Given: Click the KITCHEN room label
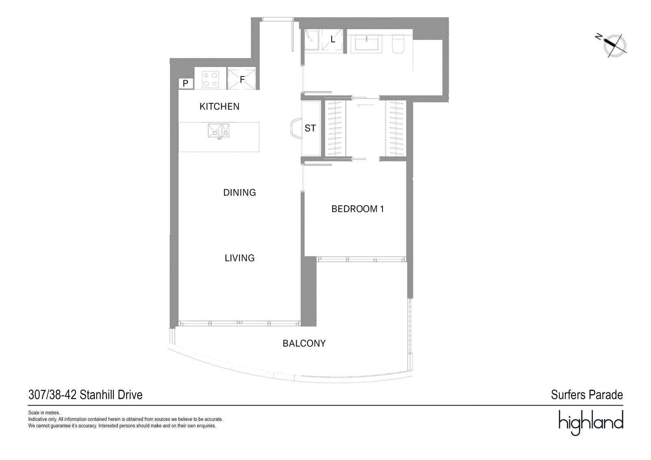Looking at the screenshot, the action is tap(219, 107).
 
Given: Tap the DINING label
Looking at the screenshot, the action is tap(240, 192).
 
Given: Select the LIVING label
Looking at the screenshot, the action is tap(240, 258).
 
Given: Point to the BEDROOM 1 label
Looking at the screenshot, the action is tap(358, 209).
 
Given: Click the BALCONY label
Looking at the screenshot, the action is tap(304, 343).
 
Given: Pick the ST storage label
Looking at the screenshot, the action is tap(310, 128).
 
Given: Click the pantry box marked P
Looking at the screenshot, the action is tap(186, 84).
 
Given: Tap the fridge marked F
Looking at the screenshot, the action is tap(242, 78).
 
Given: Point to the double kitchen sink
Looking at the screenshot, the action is tap(218, 131).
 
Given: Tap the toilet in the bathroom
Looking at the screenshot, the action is tap(398, 44).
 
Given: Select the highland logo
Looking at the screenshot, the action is tap(591, 423).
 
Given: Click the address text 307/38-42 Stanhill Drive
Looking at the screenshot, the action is tap(85, 395).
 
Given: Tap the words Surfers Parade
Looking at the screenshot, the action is tap(587, 395).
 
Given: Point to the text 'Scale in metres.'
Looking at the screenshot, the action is tap(44, 413).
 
